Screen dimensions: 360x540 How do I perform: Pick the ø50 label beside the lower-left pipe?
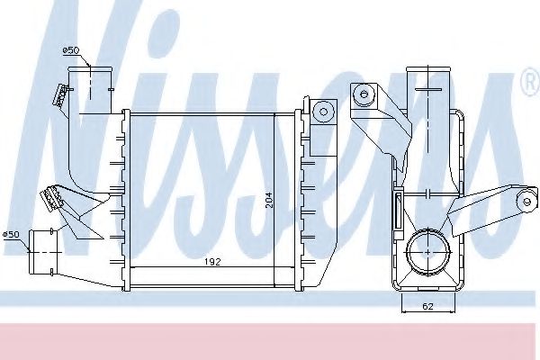pos(11,235)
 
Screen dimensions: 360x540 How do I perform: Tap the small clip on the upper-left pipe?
pos(62,94)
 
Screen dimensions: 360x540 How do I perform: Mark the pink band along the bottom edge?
pos(270,339)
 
